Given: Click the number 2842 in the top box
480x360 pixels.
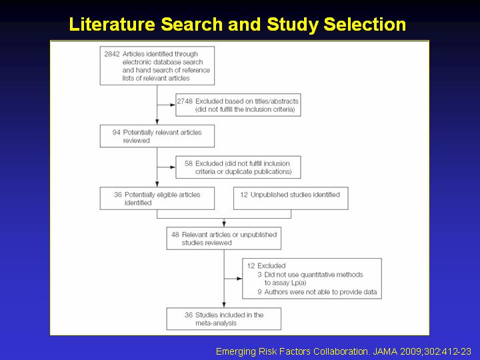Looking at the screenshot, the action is point(112,54).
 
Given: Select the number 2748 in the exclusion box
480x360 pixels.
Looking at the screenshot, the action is point(185,101).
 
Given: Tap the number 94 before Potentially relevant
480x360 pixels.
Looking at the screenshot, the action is point(116,133).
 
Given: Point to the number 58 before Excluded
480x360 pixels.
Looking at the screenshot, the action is point(189,163).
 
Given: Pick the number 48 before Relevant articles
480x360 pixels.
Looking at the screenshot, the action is point(175,235).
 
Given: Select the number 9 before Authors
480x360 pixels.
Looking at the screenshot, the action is point(259,292).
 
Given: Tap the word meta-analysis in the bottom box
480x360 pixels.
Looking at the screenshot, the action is point(216,323).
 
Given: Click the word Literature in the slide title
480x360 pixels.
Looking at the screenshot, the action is point(112,24).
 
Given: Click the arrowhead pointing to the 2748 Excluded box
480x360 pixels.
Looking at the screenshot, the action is point(173,105).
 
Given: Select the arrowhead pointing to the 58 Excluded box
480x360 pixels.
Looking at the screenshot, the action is point(173,167).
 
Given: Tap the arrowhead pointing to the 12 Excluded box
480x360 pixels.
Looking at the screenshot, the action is point(239,279).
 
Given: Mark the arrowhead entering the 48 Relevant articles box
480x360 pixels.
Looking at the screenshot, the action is point(224,224).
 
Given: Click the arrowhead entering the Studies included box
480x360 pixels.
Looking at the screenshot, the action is point(224,305).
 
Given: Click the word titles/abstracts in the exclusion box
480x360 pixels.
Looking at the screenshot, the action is point(277,101).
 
